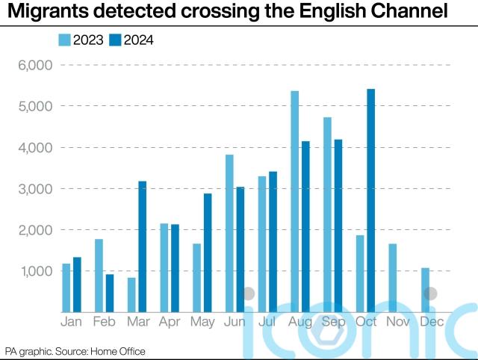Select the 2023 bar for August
pyautogui.click(x=294, y=201)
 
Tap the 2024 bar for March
pyautogui.click(x=142, y=246)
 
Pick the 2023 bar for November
pyautogui.click(x=393, y=278)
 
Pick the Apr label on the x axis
pyautogui.click(x=170, y=322)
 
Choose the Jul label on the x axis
pyautogui.click(x=267, y=322)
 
